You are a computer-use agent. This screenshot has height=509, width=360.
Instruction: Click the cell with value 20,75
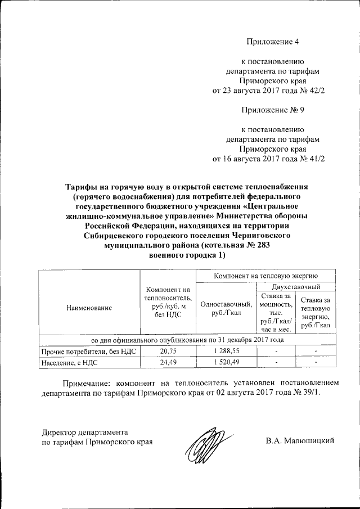click(167, 351)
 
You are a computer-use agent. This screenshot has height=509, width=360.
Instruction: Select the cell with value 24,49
click(167, 362)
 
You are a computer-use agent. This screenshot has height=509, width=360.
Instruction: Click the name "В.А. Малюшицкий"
click(300, 440)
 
